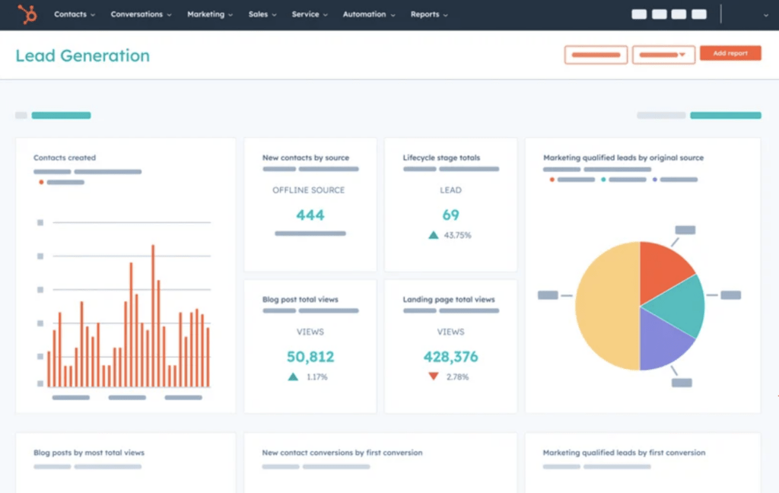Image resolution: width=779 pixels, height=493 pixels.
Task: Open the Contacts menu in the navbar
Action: pos(75,14)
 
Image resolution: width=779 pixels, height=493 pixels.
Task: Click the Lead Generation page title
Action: pos(82,56)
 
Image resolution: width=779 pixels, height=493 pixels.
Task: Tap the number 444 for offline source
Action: pos(310,215)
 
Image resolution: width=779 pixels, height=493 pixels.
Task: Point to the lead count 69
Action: pos(450,215)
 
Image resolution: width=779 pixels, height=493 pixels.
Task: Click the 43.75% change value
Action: pos(457,236)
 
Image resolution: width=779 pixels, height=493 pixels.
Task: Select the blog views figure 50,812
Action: pos(310,357)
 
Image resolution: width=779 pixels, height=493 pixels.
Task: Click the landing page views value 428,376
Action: pos(450,357)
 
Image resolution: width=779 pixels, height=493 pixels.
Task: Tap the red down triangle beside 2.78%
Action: pos(433,377)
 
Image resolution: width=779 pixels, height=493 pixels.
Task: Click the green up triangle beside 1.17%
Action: pos(293,377)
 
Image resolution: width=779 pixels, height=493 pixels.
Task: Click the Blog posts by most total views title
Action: pos(88,453)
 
